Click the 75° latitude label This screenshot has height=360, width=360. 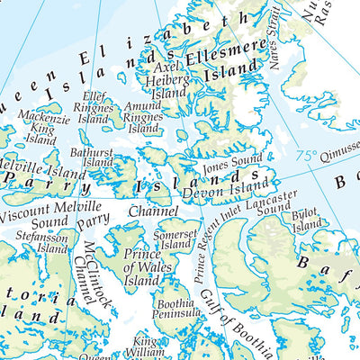point(307,155)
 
